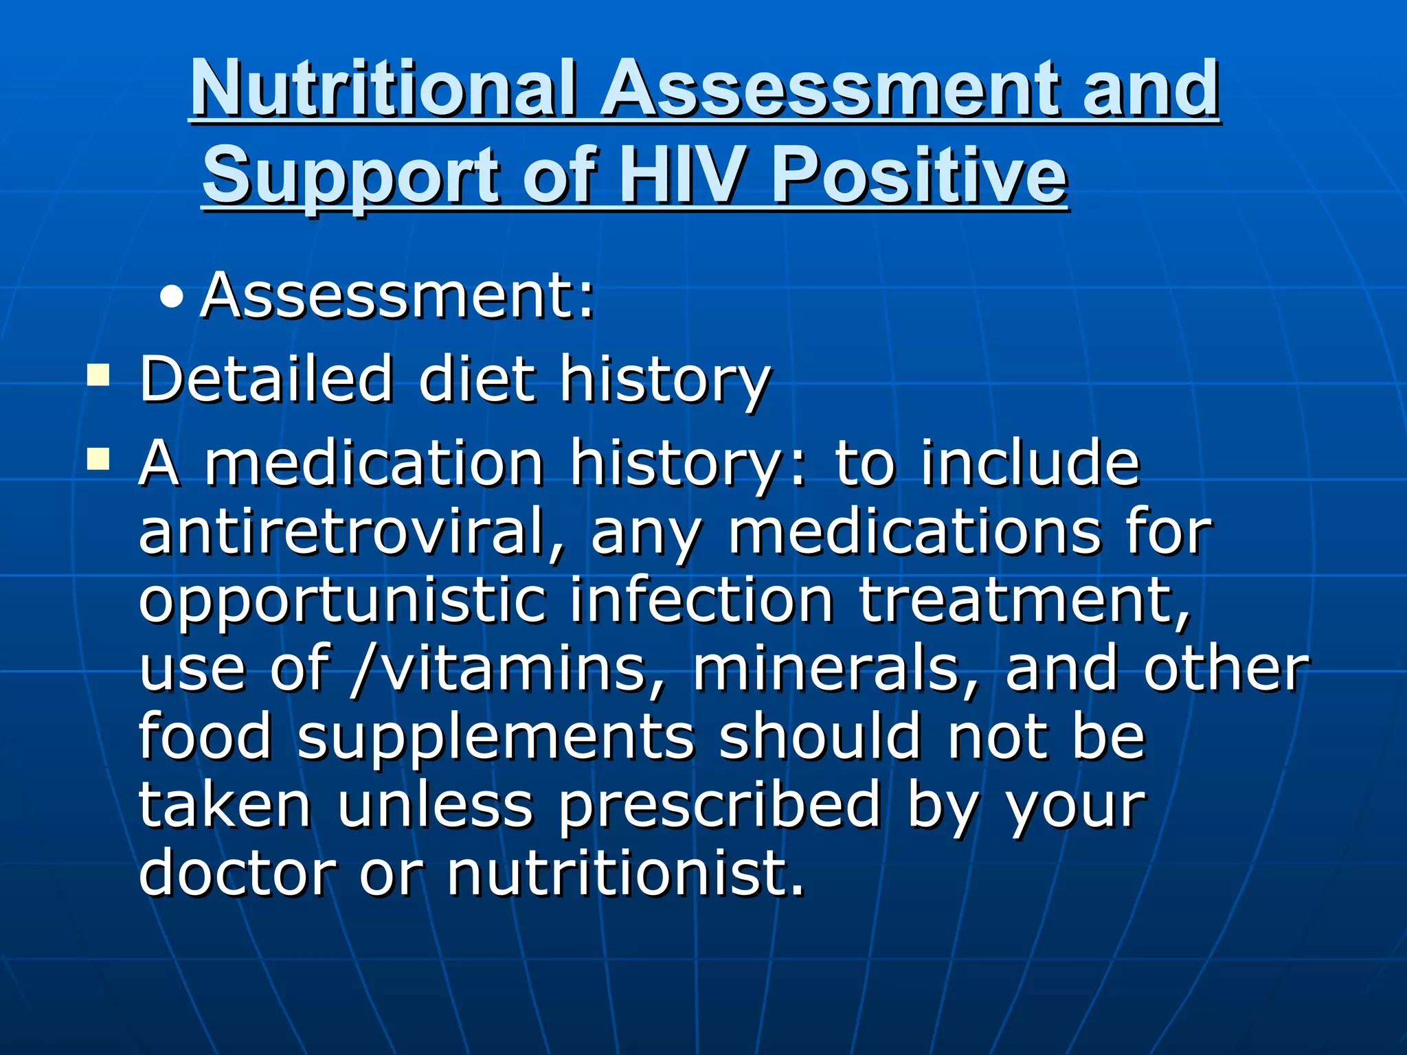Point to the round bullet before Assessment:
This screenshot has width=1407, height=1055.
coord(171,297)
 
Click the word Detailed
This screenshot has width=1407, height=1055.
coord(266,378)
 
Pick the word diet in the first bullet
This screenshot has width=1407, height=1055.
coord(476,378)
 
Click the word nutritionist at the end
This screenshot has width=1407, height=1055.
coord(624,873)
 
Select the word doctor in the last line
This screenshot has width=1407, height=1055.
coord(237,873)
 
